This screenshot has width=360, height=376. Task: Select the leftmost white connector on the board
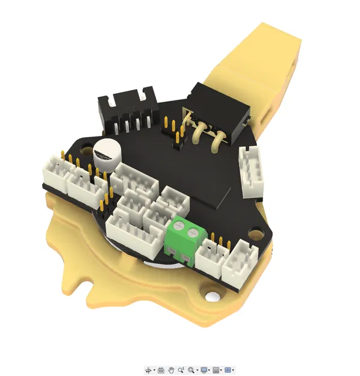click(x=54, y=171)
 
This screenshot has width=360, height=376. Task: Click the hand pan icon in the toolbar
click(x=171, y=370)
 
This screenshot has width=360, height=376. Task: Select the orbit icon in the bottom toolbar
click(x=148, y=370)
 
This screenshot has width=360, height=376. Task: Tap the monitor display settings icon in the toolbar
click(x=204, y=370)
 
